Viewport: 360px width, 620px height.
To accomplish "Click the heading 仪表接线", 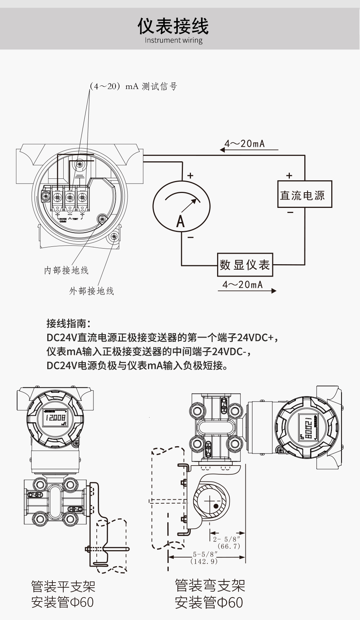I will pos(173,26).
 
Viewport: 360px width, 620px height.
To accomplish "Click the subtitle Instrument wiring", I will pos(173,40).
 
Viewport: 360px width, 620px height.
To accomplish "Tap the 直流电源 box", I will pos(304,194).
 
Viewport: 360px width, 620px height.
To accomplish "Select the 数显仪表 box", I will pos(245,265).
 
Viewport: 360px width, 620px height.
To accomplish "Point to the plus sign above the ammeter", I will pos(190,176).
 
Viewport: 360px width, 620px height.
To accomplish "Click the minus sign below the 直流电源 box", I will pos(290,212).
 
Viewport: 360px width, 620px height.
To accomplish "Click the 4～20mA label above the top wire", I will pos(244,144).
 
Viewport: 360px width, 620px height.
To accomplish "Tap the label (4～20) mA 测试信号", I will pos(133,86).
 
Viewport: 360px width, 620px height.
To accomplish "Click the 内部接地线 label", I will pos(66,270).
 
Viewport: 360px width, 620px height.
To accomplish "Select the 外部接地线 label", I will pos(92,291).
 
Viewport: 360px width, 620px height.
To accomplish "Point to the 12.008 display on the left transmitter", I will pos(55,417).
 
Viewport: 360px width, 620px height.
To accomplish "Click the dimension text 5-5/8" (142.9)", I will pos(204,558).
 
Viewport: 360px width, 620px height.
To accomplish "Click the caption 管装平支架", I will pos(63,586).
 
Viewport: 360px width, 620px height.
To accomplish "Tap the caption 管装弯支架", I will pos(210,585).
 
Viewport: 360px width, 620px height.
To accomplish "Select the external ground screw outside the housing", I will pos(113,237).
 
